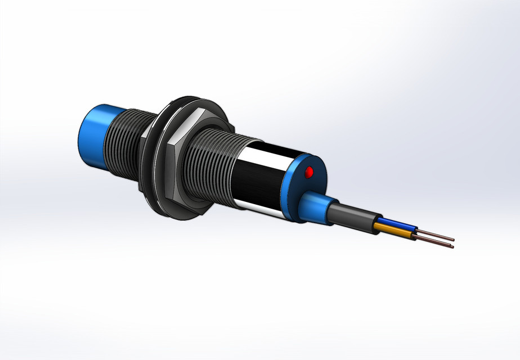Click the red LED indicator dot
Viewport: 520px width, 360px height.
tap(308, 173)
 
